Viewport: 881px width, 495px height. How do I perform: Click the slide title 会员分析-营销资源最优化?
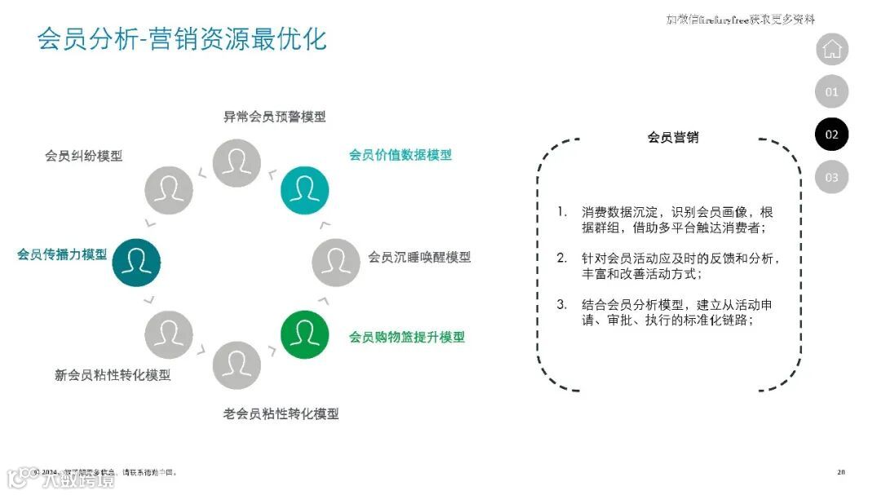(182, 39)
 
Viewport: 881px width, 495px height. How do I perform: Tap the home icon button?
(831, 49)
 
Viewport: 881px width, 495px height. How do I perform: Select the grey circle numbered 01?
(831, 92)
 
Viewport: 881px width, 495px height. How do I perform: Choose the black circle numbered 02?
(831, 135)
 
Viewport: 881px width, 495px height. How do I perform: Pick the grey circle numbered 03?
(831, 177)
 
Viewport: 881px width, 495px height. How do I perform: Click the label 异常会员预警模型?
(275, 117)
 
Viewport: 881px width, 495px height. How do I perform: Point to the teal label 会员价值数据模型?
(400, 155)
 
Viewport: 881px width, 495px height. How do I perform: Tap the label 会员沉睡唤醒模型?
(419, 257)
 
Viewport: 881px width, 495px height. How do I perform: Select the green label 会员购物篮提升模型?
(407, 337)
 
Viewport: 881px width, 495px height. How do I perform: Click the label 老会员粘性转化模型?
(281, 414)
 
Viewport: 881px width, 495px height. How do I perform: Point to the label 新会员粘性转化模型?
(113, 375)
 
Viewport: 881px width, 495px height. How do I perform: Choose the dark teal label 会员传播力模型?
(62, 254)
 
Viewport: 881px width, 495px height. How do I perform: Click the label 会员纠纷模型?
(84, 156)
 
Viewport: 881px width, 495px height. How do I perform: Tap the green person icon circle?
(304, 334)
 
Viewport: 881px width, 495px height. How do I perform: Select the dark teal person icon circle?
(136, 262)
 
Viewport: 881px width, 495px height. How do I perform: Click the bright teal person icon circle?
(304, 190)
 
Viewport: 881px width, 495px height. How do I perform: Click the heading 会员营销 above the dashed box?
(673, 137)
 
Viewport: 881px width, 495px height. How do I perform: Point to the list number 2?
(561, 258)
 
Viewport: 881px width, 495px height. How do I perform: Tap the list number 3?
(561, 304)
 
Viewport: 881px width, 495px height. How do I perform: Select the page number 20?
(841, 473)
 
